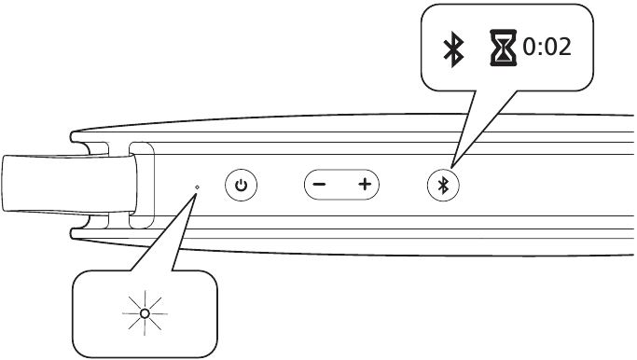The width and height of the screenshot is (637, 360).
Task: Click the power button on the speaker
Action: [x=242, y=186]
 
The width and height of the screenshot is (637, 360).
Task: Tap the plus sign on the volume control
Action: [x=364, y=186]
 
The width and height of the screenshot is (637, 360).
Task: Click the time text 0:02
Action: [x=546, y=48]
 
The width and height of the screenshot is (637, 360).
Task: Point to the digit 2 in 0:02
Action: [x=561, y=48]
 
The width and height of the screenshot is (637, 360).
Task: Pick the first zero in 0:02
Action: [x=529, y=48]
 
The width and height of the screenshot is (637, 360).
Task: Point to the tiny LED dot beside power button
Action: [x=197, y=187]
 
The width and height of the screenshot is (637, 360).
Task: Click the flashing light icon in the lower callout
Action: [x=145, y=314]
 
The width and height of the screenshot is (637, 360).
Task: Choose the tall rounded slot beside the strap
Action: [x=142, y=185]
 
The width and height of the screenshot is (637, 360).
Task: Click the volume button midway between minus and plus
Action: [x=341, y=186]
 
